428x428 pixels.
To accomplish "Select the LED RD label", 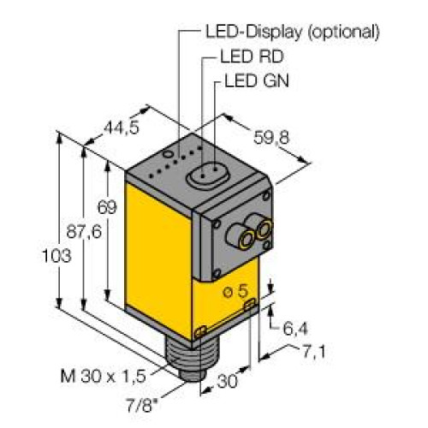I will tap(248, 59).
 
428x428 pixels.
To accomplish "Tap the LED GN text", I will tap(255, 83).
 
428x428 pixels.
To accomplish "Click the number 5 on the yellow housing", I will tap(242, 291).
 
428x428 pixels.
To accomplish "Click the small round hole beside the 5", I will tap(227, 294).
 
